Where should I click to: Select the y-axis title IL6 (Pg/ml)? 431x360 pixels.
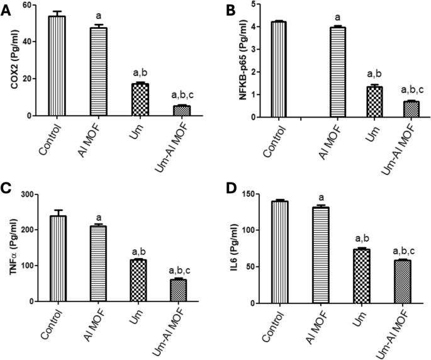pos(230,249)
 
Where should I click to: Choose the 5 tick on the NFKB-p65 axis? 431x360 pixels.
pos(254,5)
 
